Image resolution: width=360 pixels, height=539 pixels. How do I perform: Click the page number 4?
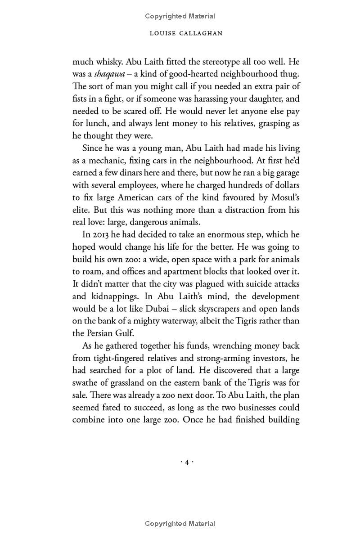point(187,462)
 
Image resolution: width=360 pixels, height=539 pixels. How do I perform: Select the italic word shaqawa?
point(109,74)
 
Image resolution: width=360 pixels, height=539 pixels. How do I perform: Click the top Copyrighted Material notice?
point(180,16)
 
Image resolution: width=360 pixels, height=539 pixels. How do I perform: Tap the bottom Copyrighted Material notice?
point(180,523)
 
